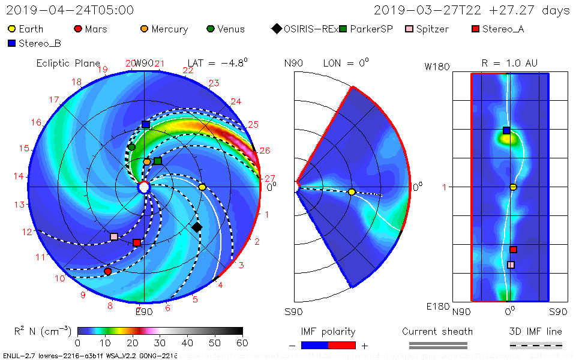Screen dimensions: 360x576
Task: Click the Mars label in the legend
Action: click(96, 29)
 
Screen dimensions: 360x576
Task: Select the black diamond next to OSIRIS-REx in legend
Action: click(276, 29)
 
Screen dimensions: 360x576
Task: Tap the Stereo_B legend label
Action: click(40, 43)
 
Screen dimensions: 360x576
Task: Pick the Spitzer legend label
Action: click(433, 29)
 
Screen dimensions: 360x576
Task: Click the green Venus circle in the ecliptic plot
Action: click(131, 147)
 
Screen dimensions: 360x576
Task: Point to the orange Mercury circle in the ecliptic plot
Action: click(147, 162)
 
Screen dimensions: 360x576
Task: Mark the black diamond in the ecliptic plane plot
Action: click(197, 227)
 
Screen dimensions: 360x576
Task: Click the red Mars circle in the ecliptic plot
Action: click(108, 271)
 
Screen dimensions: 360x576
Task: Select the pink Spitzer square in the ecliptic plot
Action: click(114, 236)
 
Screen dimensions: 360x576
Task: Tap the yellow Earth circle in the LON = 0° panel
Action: click(352, 192)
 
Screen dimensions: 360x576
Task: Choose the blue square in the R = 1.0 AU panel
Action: click(506, 130)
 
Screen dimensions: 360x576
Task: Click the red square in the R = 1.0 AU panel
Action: click(513, 250)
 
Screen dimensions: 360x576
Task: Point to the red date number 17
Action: click(54, 100)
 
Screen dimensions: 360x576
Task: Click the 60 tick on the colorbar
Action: click(242, 343)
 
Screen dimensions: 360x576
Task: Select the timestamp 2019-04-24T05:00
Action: click(71, 10)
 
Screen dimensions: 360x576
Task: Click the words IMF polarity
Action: click(328, 331)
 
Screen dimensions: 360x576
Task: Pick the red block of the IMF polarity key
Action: click(341, 345)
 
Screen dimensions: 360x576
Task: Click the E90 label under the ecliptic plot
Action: click(144, 311)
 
